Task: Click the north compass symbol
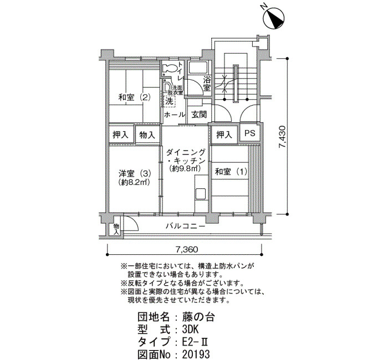pos(273,18)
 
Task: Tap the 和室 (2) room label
pos(134,97)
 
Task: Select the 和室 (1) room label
pos(231,172)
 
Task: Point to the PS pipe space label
pos(249,133)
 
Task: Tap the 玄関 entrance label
pos(199,115)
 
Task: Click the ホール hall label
pos(175,115)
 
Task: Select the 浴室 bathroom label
pos(207,84)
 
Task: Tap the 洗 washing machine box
pos(169,101)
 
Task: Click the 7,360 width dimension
pos(187,249)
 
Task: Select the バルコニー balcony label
pos(185,226)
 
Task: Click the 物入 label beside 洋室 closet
pos(147,135)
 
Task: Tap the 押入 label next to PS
pos(224,135)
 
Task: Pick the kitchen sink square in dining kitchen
pos(201,194)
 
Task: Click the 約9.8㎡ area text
pos(185,168)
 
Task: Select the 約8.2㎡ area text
pos(135,182)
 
